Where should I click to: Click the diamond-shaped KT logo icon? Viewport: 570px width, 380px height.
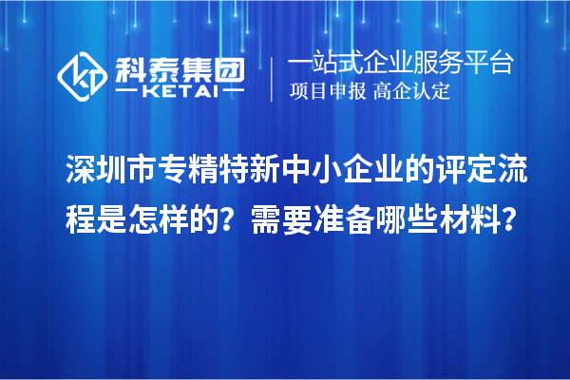pos(83,72)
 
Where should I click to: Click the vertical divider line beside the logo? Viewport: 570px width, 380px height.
pos(273,77)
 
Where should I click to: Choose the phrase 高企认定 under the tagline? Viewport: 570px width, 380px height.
pos(411,92)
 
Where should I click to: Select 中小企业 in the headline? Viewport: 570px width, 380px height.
pos(356,173)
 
